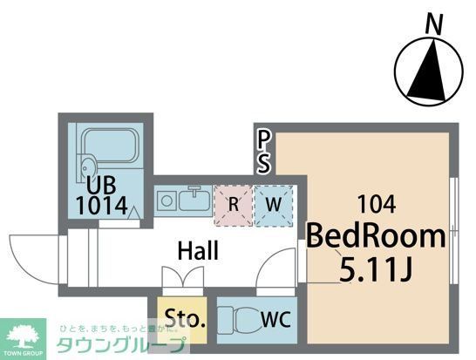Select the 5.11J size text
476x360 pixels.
coord(375,268)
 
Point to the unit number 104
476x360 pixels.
coord(377,206)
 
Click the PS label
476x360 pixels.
coord(263,150)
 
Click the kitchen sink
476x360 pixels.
coord(194,201)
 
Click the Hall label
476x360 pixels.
coord(198,251)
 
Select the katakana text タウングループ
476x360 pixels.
coord(122,345)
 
